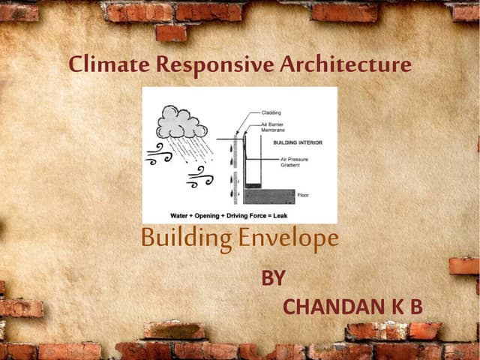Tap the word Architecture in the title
[x=346, y=65]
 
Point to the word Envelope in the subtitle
[x=289, y=239]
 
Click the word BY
[x=272, y=278]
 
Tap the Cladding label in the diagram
[x=271, y=112]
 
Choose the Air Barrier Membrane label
[x=272, y=127]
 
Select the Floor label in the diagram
[x=303, y=194]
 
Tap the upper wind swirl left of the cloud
[x=159, y=154]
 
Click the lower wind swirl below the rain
[x=200, y=178]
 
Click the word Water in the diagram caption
[x=180, y=214]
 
